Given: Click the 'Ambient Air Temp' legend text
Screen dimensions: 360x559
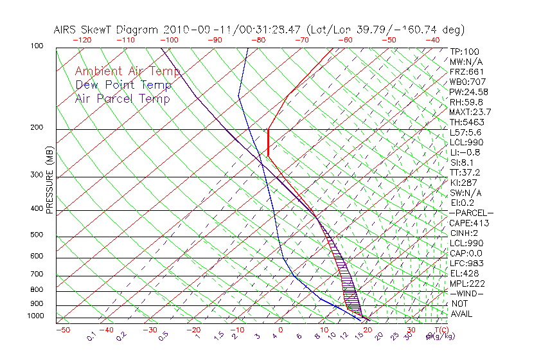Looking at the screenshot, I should pos(127,71).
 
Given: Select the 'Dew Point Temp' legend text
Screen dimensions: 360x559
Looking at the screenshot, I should pos(123,85).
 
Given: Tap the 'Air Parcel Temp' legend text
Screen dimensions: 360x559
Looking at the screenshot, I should pos(122,98).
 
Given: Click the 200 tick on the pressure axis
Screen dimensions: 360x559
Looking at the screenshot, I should pos(36,128).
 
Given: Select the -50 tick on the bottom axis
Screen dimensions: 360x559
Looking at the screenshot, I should pos(62,330).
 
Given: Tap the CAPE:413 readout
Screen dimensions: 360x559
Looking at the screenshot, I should pos(469,223).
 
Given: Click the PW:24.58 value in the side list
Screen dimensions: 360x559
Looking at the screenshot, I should pos(469,92).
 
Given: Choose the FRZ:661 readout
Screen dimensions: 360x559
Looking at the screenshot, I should pos(467,71).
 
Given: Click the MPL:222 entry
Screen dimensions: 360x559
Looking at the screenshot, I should pos(467,283).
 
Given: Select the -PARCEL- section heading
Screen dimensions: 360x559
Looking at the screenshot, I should pos(471,213).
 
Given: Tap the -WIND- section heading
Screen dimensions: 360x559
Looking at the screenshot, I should pos(467,293).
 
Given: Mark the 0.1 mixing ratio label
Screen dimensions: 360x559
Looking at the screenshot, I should pos(91,336).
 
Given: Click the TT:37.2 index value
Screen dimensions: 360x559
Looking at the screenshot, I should pos(466,172).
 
